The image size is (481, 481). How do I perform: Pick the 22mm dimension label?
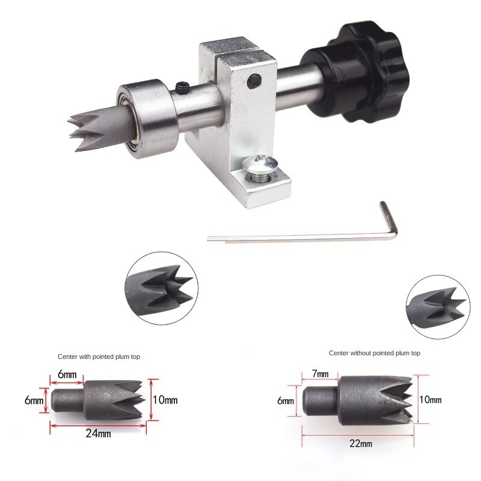pyautogui.click(x=360, y=444)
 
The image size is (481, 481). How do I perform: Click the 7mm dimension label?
pyautogui.click(x=321, y=374)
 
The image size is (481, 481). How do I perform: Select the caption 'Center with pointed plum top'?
pyautogui.click(x=99, y=357)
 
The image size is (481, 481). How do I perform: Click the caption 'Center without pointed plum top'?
pyautogui.click(x=374, y=353)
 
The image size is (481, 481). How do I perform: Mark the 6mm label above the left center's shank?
pyautogui.click(x=67, y=375)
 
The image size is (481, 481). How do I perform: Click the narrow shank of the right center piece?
pyautogui.click(x=316, y=400)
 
